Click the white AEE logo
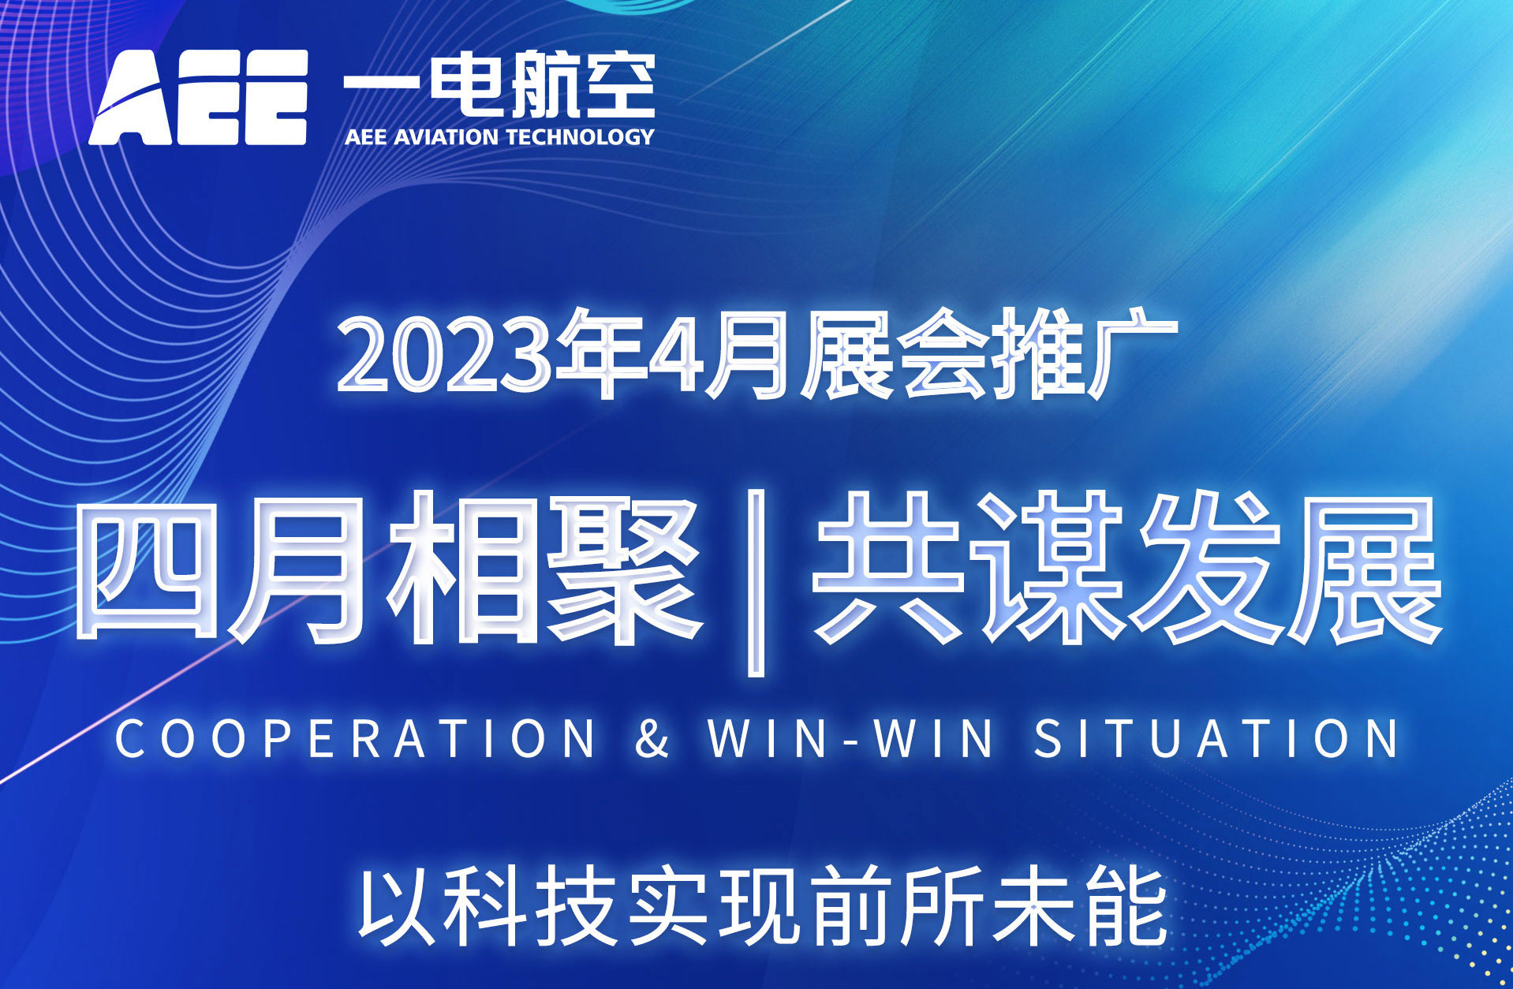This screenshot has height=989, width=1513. (198, 98)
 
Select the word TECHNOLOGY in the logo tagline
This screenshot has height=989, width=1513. (580, 137)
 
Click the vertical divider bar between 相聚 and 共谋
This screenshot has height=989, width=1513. (756, 583)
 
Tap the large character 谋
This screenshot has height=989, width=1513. (1050, 568)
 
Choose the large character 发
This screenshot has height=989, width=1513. (1208, 568)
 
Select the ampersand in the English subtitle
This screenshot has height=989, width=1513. (652, 738)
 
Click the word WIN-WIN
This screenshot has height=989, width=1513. (851, 738)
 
